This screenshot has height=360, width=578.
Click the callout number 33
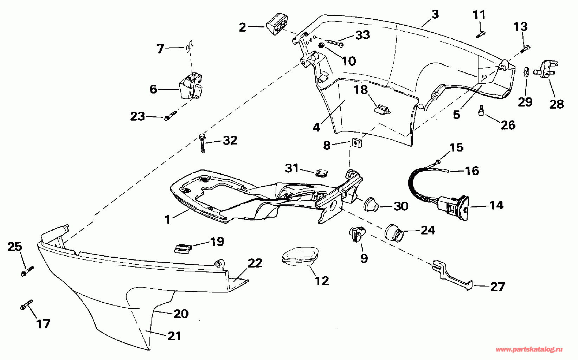point(362,35)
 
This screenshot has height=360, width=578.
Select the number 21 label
point(174,336)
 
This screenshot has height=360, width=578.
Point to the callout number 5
point(456,115)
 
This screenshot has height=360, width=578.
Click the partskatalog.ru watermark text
point(529,349)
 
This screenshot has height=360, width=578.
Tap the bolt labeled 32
point(203,142)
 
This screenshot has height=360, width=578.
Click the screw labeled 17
point(26,305)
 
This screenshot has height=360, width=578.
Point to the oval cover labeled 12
point(300,255)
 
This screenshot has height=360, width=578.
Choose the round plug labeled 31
point(321,172)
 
